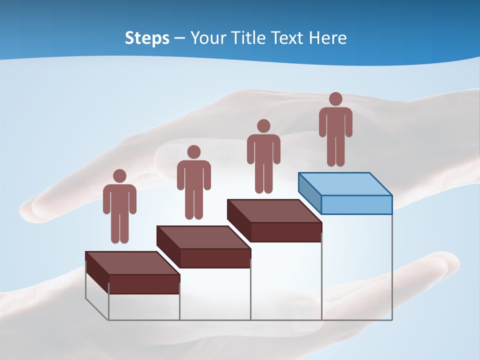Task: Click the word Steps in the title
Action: [x=147, y=38]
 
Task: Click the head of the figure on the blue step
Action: [x=335, y=99]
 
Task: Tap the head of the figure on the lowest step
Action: [x=119, y=176]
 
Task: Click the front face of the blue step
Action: [x=356, y=204]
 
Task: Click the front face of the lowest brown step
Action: [x=144, y=284]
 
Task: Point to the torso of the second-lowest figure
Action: [x=193, y=175]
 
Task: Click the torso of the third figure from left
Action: [x=263, y=148]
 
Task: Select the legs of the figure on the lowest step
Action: [x=119, y=227]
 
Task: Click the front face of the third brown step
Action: [x=286, y=232]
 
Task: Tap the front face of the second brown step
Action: [x=215, y=258]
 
